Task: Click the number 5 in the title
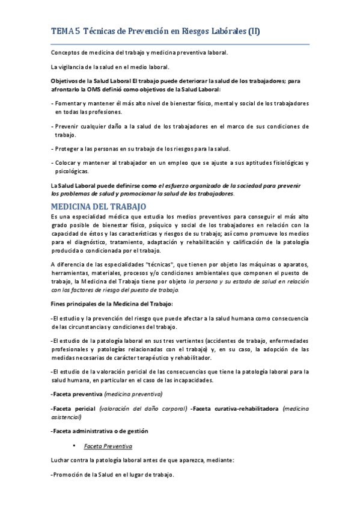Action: (78, 31)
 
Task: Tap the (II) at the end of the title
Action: (254, 31)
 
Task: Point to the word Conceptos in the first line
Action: (66, 53)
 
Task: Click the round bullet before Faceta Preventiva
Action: (73, 446)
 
